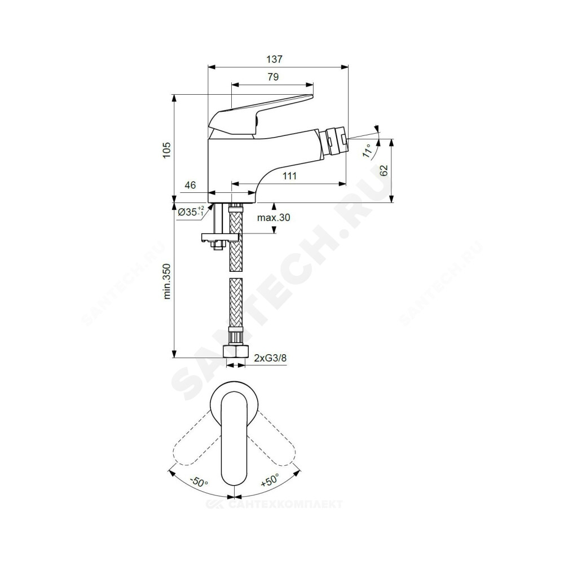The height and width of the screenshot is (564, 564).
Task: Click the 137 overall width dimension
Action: (275, 59)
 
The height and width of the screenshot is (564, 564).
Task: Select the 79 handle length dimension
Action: (273, 77)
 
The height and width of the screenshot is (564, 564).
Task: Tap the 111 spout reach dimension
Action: (289, 176)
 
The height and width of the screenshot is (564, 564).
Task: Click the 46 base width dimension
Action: (190, 185)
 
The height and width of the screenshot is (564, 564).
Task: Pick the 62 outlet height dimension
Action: (384, 170)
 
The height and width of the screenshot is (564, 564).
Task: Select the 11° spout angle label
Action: (367, 151)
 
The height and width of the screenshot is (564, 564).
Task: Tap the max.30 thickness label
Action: (274, 218)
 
